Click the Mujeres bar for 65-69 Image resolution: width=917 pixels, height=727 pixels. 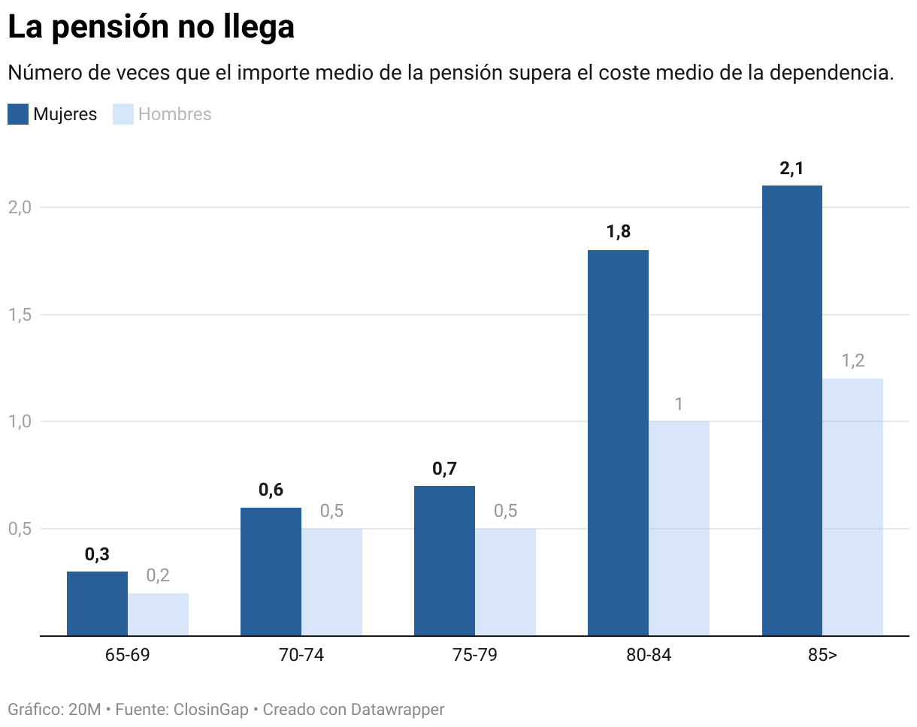pyautogui.click(x=97, y=603)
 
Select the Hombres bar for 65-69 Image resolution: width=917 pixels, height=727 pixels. pyautogui.click(x=158, y=614)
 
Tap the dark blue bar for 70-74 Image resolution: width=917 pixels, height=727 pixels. pyautogui.click(x=271, y=571)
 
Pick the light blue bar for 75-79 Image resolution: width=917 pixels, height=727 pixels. pyautogui.click(x=505, y=581)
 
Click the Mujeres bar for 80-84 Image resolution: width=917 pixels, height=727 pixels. pyautogui.click(x=618, y=442)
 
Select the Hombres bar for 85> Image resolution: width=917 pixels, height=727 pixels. pyautogui.click(x=852, y=506)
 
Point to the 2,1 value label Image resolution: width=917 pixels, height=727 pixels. pyautogui.click(x=791, y=169)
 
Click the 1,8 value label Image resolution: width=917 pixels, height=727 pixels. pyautogui.click(x=618, y=232)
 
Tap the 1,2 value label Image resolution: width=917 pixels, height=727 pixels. pyautogui.click(x=852, y=361)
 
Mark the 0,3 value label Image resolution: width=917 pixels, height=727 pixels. pyautogui.click(x=97, y=555)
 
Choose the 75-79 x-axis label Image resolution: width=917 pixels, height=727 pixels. pyautogui.click(x=475, y=655)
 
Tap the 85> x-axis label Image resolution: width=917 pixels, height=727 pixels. pyautogui.click(x=822, y=655)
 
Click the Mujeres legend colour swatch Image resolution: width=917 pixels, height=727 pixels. pyautogui.click(x=18, y=114)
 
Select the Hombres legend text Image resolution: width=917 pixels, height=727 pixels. pyautogui.click(x=175, y=114)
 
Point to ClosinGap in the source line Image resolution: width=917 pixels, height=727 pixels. pyautogui.click(x=210, y=710)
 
